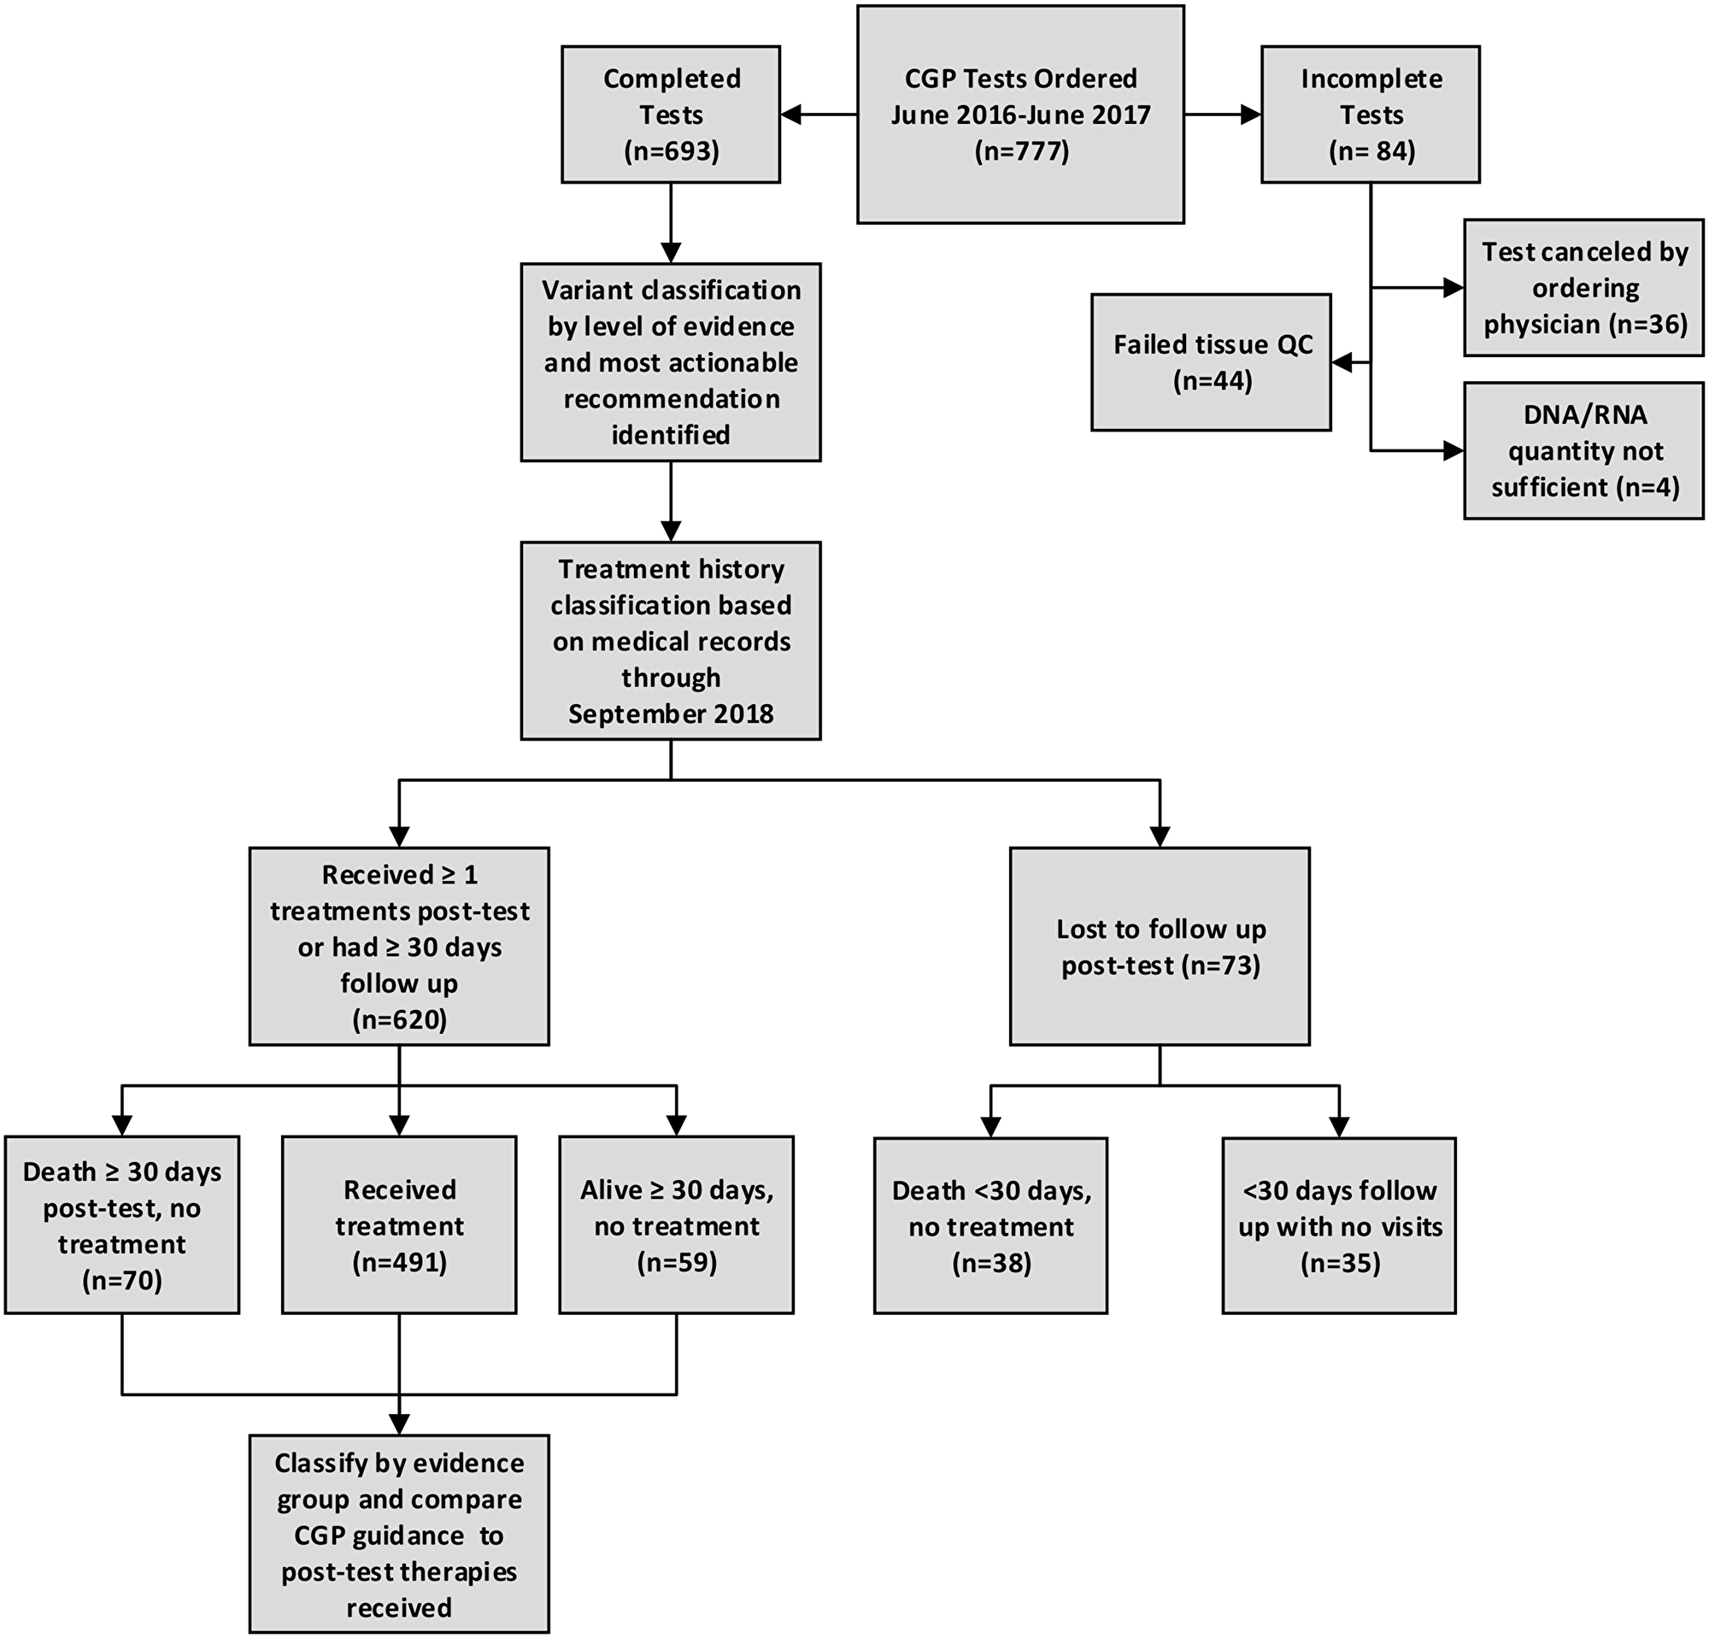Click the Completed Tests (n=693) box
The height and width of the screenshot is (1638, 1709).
[671, 114]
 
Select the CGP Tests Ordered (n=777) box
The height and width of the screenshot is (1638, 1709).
[1020, 114]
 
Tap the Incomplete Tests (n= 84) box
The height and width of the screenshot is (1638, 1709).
[1370, 114]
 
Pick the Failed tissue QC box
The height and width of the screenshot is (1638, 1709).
[1211, 361]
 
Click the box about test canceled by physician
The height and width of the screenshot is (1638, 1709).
[1583, 288]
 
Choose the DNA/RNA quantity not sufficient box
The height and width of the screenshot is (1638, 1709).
[1583, 450]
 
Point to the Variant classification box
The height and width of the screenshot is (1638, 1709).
[671, 361]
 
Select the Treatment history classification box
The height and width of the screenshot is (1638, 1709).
[671, 641]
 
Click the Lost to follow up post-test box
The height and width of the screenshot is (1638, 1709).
[1160, 947]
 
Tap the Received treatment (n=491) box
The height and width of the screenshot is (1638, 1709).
[399, 1224]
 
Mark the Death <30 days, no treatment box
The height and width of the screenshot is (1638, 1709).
[990, 1225]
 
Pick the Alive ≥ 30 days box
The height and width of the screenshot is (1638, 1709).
[677, 1224]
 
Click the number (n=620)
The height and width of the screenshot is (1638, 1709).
[399, 1019]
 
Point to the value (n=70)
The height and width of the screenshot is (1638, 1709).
[122, 1280]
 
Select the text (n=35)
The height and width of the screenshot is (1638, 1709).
[1340, 1263]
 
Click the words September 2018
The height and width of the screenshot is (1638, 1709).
[671, 714]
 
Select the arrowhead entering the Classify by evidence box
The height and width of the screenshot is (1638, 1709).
[399, 1424]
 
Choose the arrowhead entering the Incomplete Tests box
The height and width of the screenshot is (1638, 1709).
[1250, 114]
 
